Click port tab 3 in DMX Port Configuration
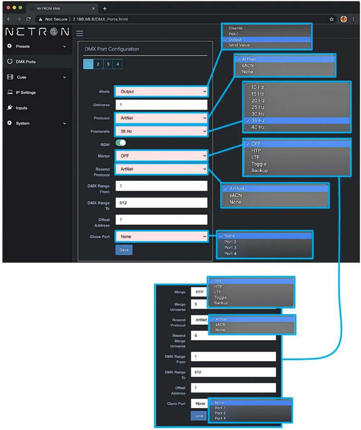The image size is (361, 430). click(108, 64)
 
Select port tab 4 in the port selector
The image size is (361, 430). click(118, 64)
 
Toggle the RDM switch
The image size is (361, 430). click(121, 143)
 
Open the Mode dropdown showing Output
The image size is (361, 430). click(161, 92)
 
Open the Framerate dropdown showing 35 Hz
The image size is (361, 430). click(161, 131)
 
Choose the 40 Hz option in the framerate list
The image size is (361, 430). click(258, 127)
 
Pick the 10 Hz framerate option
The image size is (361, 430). click(257, 87)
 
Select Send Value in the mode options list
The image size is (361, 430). click(239, 45)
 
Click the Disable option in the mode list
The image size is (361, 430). click(235, 28)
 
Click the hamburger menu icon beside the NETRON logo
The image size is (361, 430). click(80, 33)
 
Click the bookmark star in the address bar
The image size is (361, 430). click(332, 19)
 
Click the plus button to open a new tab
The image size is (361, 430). click(105, 9)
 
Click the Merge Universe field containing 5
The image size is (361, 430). click(199, 304)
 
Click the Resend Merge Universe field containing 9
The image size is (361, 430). click(233, 336)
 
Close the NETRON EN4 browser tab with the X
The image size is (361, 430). click(93, 9)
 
